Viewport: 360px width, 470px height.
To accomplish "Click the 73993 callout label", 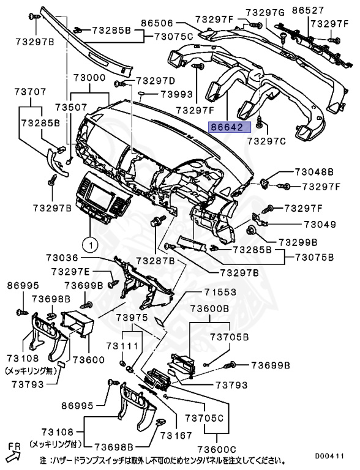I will [x=177, y=94].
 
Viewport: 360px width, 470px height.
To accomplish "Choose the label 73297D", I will [x=155, y=80].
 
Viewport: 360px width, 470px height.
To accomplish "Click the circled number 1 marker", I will [x=89, y=246].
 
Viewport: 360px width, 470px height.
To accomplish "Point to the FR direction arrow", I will [x=13, y=452].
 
